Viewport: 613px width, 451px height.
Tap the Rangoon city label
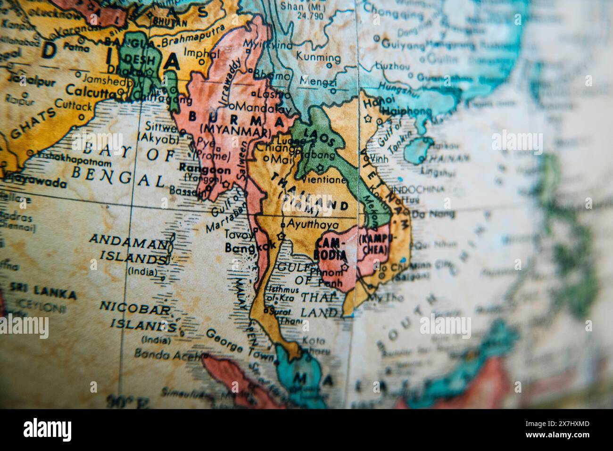[205, 169]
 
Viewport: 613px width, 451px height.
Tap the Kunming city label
[318, 58]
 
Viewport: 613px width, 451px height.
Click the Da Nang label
[433, 214]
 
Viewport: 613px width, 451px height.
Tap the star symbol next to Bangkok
[282, 236]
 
